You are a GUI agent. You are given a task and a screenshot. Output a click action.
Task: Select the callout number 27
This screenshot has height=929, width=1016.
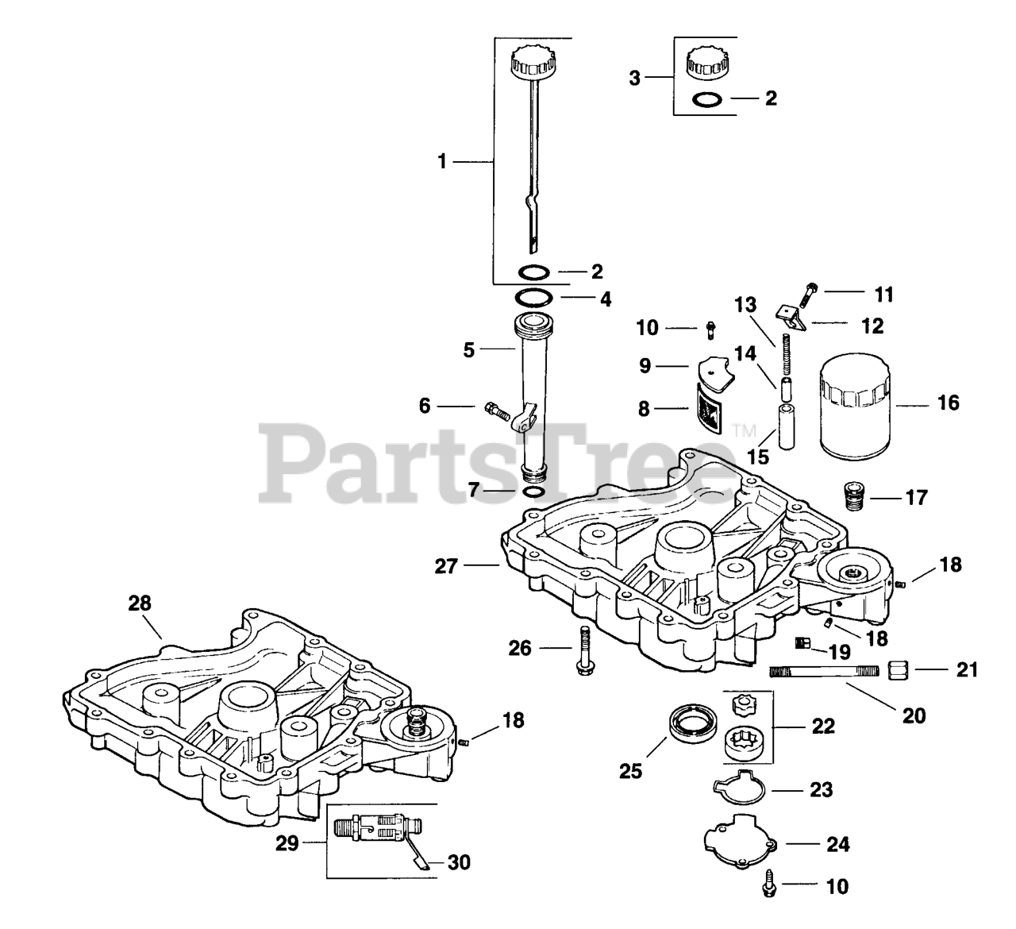(x=446, y=565)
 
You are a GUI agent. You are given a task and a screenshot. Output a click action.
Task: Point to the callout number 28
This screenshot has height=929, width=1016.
(x=140, y=603)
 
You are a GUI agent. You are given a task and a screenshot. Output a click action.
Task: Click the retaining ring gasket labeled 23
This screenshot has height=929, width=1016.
(x=738, y=790)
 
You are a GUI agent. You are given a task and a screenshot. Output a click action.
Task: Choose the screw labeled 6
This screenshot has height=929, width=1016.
(x=494, y=411)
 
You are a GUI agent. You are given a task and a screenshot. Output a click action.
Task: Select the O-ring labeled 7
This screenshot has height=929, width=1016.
(x=535, y=492)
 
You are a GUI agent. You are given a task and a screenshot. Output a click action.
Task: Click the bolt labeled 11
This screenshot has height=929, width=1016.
(x=814, y=297)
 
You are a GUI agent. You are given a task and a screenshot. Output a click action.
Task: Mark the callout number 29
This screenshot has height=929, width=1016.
(x=287, y=842)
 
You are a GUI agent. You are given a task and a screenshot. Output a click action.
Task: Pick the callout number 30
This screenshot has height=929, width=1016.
(x=459, y=862)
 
